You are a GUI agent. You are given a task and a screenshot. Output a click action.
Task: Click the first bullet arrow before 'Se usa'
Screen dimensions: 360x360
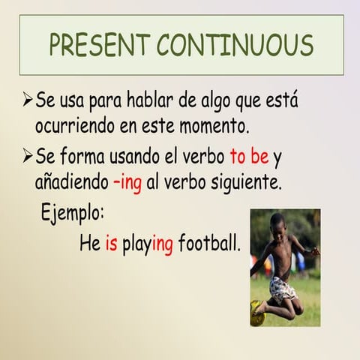(28, 100)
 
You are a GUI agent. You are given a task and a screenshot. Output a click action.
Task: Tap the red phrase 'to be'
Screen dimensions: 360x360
(249, 158)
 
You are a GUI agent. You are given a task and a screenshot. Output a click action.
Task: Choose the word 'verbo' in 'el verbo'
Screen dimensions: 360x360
(199, 158)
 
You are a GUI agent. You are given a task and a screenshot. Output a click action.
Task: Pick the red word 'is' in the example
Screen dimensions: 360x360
(111, 244)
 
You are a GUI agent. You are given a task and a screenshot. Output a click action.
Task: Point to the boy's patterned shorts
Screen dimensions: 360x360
(282, 288)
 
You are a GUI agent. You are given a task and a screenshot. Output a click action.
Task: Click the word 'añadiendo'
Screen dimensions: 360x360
(71, 182)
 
